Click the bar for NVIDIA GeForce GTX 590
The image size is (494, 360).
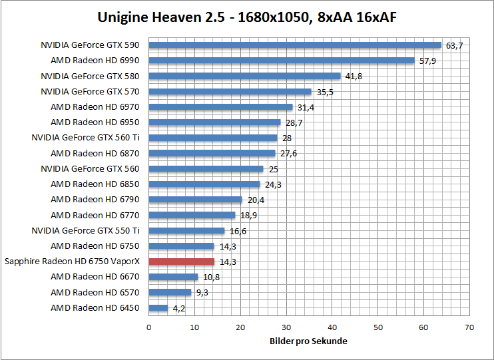(295, 45)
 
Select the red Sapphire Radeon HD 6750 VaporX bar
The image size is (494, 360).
(181, 262)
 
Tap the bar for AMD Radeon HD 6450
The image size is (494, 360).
(158, 307)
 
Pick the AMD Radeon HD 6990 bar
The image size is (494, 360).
(282, 61)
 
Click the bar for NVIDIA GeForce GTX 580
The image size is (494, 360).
(244, 76)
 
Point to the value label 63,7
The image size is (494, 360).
(454, 46)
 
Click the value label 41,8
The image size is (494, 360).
(354, 77)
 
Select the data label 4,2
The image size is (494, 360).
(178, 308)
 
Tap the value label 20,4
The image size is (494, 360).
(256, 200)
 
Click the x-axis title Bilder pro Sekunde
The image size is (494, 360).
(309, 341)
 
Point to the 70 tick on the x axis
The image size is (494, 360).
(469, 327)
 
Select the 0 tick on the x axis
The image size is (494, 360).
(148, 327)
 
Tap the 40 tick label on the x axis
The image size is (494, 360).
(332, 327)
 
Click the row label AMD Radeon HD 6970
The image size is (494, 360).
(95, 106)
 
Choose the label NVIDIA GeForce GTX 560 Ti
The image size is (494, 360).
(85, 138)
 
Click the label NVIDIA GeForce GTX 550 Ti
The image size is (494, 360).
(85, 230)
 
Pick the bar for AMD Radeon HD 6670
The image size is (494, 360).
(173, 277)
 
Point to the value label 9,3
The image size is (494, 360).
(202, 293)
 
